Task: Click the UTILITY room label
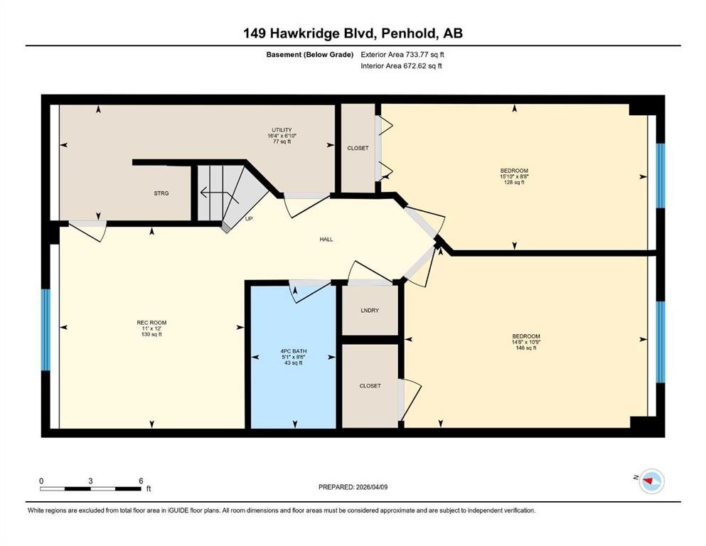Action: point(282,130)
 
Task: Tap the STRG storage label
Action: point(161,193)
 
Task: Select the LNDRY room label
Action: point(370,311)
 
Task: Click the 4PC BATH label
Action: point(293,351)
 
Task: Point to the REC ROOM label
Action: point(151,323)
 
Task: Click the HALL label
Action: point(326,240)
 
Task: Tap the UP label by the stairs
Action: point(249,219)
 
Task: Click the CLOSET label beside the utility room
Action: point(358,148)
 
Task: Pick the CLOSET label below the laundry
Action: point(370,386)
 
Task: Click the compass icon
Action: point(651,481)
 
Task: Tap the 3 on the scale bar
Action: point(90,481)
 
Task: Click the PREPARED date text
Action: point(353,487)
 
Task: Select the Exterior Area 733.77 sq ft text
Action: point(402,55)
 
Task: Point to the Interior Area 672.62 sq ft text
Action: point(401,65)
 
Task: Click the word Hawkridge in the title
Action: point(316,33)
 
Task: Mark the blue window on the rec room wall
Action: point(46,329)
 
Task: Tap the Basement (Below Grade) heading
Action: point(310,55)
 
